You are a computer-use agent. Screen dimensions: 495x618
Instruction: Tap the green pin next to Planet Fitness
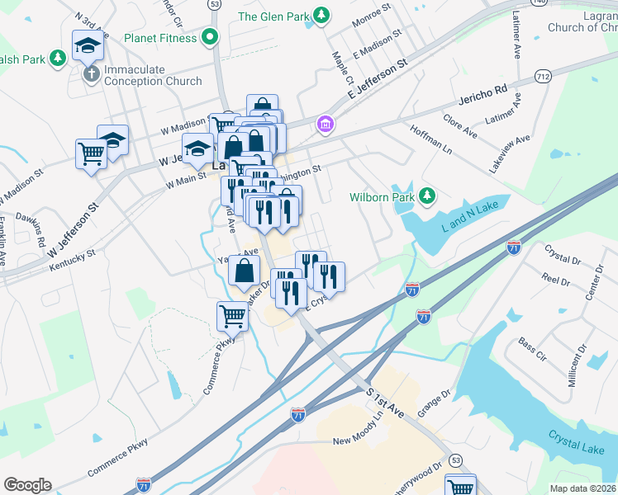(210, 37)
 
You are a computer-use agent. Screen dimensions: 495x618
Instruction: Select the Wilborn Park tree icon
(426, 196)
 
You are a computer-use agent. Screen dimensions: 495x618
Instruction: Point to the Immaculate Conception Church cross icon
(92, 73)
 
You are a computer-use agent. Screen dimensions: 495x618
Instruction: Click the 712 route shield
(543, 76)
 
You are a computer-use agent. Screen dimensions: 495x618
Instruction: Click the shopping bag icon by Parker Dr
(244, 270)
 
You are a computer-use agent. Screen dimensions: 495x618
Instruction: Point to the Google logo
(27, 484)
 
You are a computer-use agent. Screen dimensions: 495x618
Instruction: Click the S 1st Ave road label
(385, 403)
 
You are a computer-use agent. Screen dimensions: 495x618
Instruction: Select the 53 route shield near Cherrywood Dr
(455, 459)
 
